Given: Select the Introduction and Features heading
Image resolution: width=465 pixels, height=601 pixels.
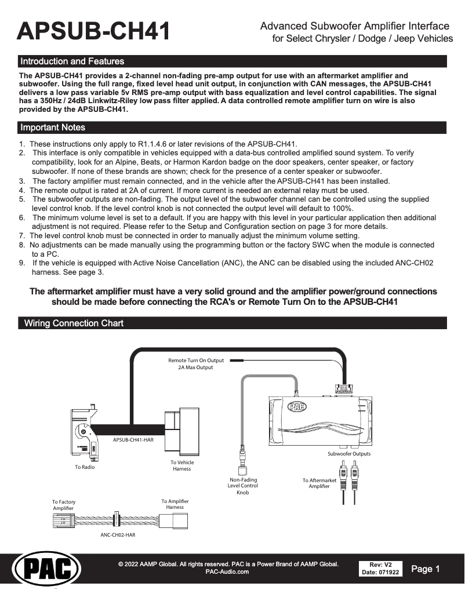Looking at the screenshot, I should pyautogui.click(x=72, y=61).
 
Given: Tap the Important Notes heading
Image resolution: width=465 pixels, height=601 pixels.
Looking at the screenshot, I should pyautogui.click(x=53, y=128).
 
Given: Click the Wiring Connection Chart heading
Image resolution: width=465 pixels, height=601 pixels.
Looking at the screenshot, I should pyautogui.click(x=74, y=323).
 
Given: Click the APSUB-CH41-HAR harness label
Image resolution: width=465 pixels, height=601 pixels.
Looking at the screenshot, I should pyautogui.click(x=133, y=440).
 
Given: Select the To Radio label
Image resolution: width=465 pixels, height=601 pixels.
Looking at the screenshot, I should pyautogui.click(x=85, y=467).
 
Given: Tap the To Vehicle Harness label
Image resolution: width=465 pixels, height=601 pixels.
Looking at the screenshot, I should pyautogui.click(x=182, y=465).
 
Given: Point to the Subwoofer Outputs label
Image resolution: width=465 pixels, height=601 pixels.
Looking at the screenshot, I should pyautogui.click(x=349, y=453).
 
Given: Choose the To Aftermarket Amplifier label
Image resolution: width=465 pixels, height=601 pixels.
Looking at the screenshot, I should pyautogui.click(x=319, y=483).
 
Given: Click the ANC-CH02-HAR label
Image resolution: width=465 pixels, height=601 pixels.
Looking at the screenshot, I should pyautogui.click(x=118, y=535).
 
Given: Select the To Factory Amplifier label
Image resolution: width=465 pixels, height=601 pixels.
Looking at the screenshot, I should pyautogui.click(x=64, y=505).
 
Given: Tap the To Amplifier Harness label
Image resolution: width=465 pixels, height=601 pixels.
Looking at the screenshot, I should pyautogui.click(x=175, y=504).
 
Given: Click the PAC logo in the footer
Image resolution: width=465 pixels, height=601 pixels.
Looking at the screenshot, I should pyautogui.click(x=46, y=570).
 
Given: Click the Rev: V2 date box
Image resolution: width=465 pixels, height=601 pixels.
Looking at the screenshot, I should pyautogui.click(x=380, y=569).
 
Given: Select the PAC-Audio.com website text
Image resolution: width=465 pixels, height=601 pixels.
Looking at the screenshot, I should pyautogui.click(x=227, y=572).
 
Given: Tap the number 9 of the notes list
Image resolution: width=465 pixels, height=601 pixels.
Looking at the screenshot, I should pyautogui.click(x=21, y=263).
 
